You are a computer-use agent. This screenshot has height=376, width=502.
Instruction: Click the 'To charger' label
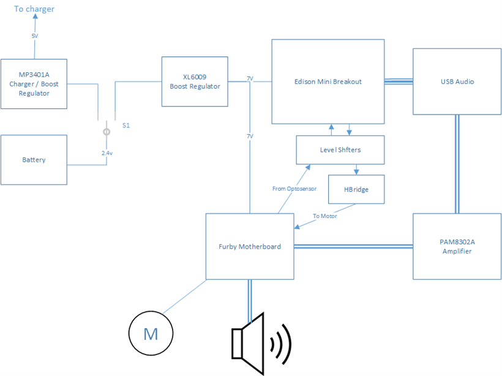[x=34, y=9]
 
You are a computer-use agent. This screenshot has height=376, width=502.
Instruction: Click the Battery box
[x=34, y=160]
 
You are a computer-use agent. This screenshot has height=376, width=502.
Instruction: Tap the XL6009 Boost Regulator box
[x=195, y=82]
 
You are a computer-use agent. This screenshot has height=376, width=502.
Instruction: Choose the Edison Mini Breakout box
[x=328, y=81]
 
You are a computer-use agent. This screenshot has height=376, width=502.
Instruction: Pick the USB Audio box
[x=457, y=81]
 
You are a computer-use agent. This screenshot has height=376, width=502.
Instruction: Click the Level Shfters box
[x=341, y=150]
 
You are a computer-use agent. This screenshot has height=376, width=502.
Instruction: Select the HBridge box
[x=357, y=189]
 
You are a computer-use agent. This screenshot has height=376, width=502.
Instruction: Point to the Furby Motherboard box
[x=250, y=246]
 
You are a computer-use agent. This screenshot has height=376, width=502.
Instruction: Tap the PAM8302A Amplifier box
[x=457, y=246]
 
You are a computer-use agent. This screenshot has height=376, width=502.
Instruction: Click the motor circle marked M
[x=150, y=334]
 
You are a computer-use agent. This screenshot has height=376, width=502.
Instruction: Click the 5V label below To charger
[x=35, y=36]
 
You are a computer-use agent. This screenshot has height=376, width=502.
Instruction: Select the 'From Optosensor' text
[x=294, y=189]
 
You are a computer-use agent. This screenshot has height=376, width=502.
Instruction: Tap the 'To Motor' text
[x=325, y=216]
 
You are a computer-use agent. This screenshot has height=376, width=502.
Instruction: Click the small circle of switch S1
[x=106, y=132]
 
